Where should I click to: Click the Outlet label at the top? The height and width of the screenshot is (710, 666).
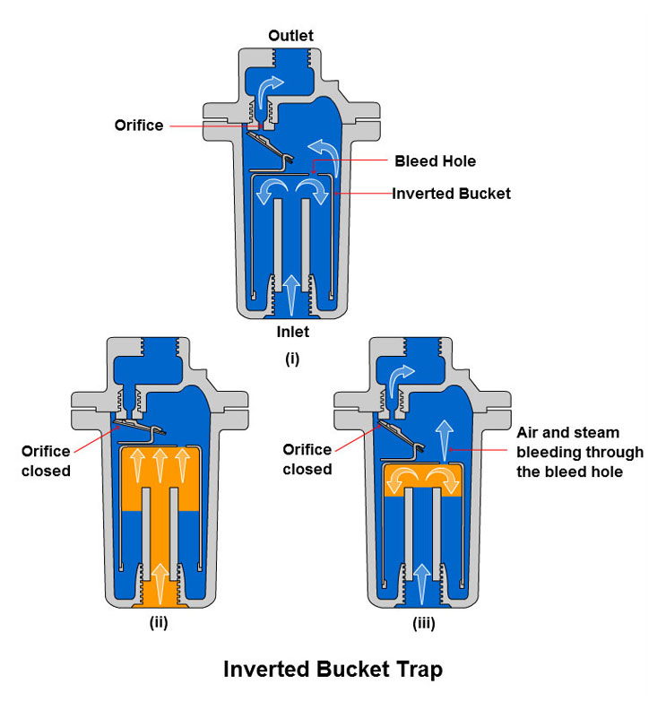tap(290, 35)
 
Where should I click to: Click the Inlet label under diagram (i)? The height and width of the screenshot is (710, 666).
tap(293, 332)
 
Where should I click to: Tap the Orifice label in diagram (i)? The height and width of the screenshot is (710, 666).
tap(139, 125)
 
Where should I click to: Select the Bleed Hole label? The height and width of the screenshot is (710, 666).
tap(435, 160)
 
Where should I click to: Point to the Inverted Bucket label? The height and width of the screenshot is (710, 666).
tap(452, 194)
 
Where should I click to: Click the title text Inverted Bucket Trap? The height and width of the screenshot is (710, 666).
tap(333, 670)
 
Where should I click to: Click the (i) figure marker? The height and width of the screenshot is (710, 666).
tap(292, 359)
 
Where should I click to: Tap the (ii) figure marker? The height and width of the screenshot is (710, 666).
tap(159, 623)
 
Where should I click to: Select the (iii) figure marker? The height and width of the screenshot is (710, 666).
tap(424, 624)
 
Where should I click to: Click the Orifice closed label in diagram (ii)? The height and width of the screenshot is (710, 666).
tap(46, 461)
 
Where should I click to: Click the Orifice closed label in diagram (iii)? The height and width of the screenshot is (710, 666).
tap(307, 459)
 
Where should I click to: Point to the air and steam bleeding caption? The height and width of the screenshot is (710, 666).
tap(580, 452)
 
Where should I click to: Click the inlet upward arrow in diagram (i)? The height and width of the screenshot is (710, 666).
tap(291, 295)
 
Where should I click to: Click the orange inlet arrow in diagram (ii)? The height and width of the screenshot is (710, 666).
tap(160, 584)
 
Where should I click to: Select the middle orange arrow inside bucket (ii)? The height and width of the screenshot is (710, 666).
tap(160, 465)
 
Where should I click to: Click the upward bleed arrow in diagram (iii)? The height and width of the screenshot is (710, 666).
tap(445, 440)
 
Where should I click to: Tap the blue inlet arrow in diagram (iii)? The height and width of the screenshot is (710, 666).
tap(422, 584)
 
